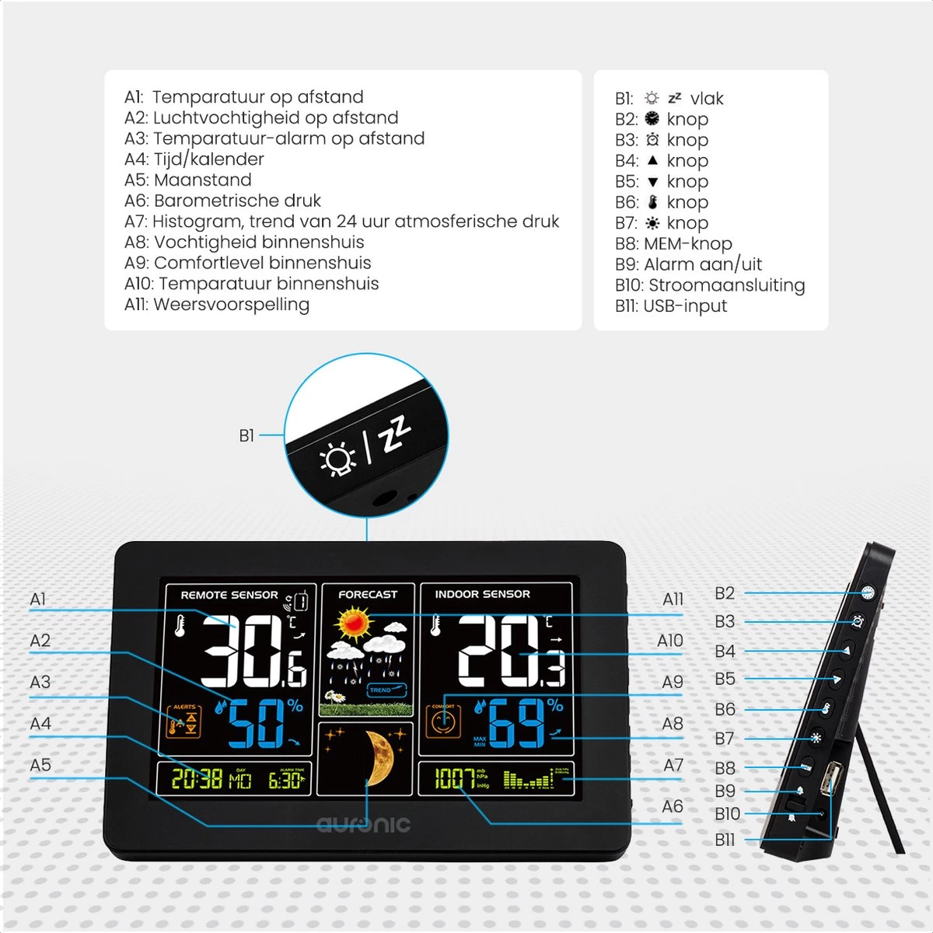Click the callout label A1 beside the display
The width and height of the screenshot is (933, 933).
coord(38,599)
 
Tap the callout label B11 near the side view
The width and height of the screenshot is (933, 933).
coord(725,840)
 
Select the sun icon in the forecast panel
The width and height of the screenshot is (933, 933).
coord(355,623)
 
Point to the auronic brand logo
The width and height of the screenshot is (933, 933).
coord(363,824)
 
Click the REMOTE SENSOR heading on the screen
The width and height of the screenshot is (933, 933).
coord(229,595)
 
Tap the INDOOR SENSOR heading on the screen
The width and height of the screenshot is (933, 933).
coord(482,594)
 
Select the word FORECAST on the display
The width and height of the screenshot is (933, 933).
coord(368,594)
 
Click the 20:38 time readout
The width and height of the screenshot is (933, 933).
coord(197,778)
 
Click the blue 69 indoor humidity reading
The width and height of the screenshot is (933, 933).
coord(516,724)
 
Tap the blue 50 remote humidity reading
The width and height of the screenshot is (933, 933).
coord(257,724)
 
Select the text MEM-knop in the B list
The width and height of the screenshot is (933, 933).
coord(687,243)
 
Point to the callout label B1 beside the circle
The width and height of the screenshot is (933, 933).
coord(246,435)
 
